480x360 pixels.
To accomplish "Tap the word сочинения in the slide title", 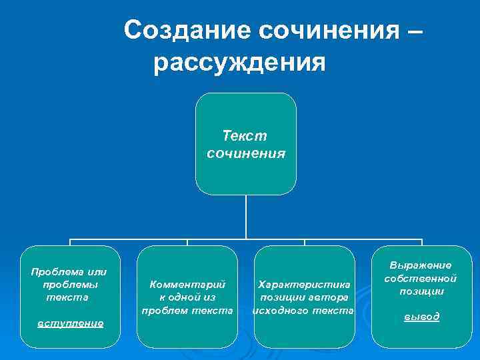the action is pyautogui.click(x=325, y=30).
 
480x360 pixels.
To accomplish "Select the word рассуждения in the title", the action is pyautogui.click(x=239, y=64).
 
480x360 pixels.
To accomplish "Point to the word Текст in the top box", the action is pyautogui.click(x=245, y=137).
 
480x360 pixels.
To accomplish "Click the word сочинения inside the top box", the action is pyautogui.click(x=246, y=153).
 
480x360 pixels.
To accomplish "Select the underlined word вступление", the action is pyautogui.click(x=70, y=323).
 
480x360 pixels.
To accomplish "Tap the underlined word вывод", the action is pyautogui.click(x=422, y=317).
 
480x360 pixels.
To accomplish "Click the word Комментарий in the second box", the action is pyautogui.click(x=187, y=284).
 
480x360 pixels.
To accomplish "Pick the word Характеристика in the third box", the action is pyautogui.click(x=304, y=284).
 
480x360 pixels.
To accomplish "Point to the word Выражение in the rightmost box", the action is pyautogui.click(x=421, y=265).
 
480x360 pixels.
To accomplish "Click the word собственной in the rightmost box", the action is pyautogui.click(x=421, y=278).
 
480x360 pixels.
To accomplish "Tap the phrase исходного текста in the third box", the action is pyautogui.click(x=303, y=310).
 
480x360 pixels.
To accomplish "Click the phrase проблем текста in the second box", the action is pyautogui.click(x=187, y=310).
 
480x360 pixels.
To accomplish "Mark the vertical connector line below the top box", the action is pyautogui.click(x=246, y=217).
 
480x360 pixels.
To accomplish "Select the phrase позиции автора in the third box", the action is pyautogui.click(x=304, y=297).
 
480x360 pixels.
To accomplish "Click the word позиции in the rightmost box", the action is pyautogui.click(x=421, y=291).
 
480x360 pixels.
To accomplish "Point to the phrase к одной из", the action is pyautogui.click(x=187, y=297).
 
